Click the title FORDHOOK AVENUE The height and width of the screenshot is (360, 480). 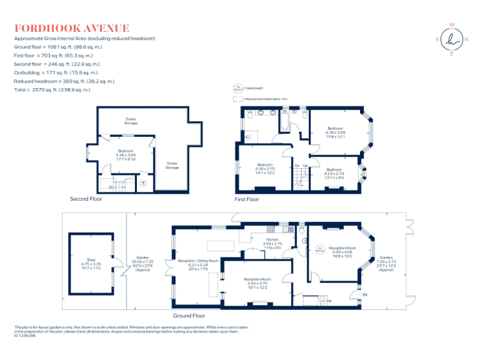[x=72, y=28]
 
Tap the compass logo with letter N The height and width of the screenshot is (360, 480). [x=451, y=40]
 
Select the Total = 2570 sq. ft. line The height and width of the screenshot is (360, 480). [x=52, y=89]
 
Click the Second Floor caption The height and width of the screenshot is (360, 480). [x=86, y=199]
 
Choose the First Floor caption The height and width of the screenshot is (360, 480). [x=247, y=199]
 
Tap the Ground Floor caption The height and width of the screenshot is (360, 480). [x=190, y=316]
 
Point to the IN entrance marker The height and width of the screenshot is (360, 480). [x=365, y=294]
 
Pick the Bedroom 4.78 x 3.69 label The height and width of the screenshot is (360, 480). [x=335, y=132]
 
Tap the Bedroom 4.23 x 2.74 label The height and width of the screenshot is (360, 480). [x=334, y=173]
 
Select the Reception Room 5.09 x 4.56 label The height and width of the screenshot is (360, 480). [x=341, y=251]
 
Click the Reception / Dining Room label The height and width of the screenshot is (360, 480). [x=198, y=264]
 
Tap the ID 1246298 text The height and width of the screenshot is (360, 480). [x=25, y=335]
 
